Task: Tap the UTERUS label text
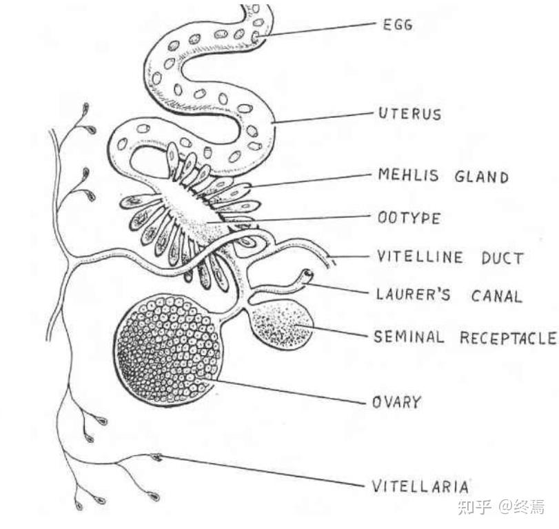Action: tap(410, 113)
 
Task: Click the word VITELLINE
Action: tap(420, 258)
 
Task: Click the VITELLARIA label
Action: tap(420, 486)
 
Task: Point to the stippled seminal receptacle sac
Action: tap(283, 325)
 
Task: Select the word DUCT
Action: tap(503, 258)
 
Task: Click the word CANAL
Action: tap(496, 297)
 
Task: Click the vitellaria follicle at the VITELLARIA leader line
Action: tap(157, 457)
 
